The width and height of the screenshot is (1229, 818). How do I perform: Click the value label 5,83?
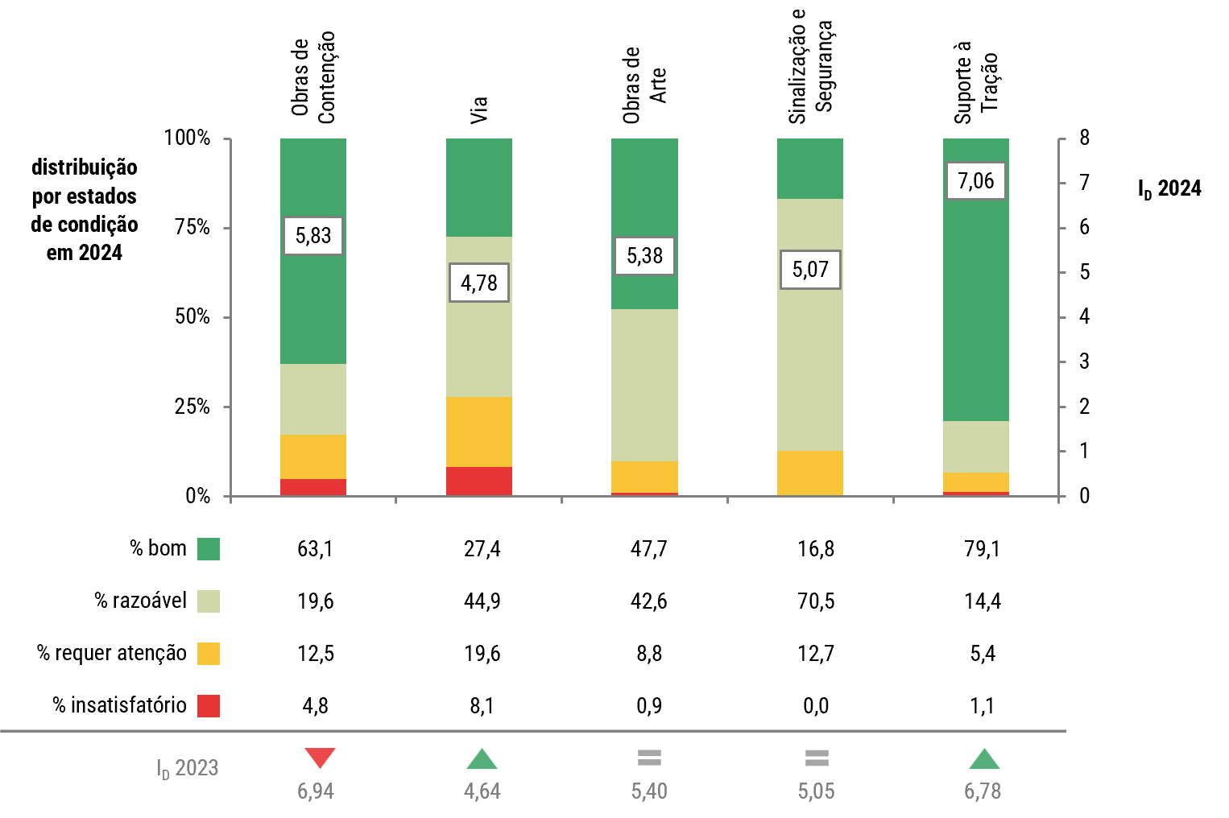click(313, 236)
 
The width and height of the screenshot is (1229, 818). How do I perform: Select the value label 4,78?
click(479, 283)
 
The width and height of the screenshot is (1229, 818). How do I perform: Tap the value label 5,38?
click(644, 256)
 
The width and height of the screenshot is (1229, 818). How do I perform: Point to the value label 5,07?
click(810, 270)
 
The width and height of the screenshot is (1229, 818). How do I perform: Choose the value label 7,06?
click(976, 180)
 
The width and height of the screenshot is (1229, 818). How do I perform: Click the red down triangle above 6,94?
click(320, 758)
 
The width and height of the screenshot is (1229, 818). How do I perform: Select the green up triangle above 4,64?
click(482, 759)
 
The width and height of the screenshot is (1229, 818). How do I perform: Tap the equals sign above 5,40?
click(649, 758)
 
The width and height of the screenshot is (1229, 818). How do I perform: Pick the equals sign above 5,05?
click(817, 758)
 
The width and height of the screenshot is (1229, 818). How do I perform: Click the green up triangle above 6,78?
click(983, 759)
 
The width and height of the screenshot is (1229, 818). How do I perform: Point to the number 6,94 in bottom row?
click(316, 791)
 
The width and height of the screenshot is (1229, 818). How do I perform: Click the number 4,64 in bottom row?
click(482, 791)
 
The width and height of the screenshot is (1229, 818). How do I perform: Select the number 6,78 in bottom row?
click(983, 791)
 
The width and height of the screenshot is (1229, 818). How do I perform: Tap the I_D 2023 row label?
click(188, 769)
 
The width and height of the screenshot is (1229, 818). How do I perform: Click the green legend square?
click(209, 549)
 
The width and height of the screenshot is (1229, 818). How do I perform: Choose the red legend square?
click(209, 706)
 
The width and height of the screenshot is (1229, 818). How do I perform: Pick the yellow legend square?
click(209, 654)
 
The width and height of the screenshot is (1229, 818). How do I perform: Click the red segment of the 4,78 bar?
click(479, 481)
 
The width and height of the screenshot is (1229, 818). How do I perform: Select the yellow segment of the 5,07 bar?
click(810, 473)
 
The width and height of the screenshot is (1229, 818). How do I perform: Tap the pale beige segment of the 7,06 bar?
click(976, 447)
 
